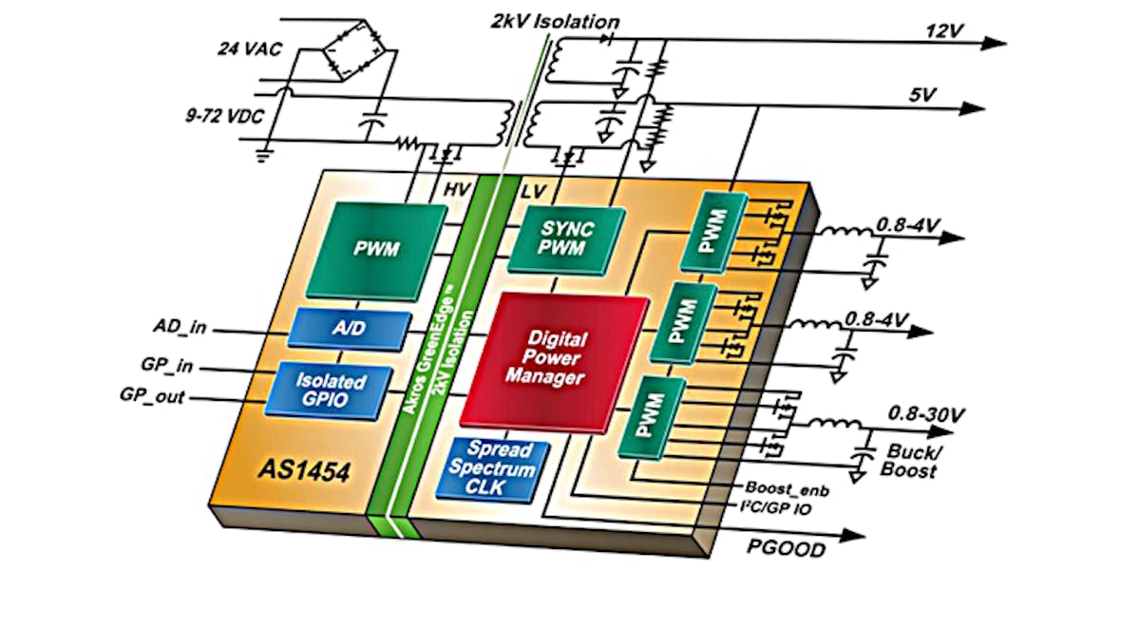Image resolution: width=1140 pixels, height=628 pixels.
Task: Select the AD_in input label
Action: pos(180,329)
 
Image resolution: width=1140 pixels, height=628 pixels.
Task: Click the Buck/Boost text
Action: pos(912,460)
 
